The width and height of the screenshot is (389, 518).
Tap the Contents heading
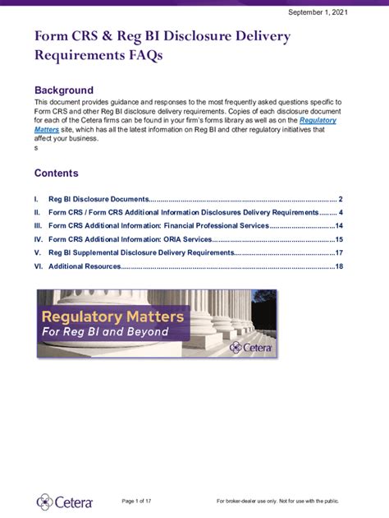click(x=56, y=173)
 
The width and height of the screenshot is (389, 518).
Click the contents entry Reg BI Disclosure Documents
click(x=98, y=199)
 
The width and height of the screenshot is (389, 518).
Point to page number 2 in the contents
click(x=340, y=199)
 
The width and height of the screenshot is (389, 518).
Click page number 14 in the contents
click(x=338, y=225)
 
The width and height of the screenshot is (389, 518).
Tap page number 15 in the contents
click(x=338, y=239)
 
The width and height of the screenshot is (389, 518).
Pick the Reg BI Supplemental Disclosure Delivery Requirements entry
click(x=141, y=252)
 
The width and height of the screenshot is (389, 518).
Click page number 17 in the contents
click(x=338, y=252)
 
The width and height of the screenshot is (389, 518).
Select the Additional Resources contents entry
click(x=85, y=266)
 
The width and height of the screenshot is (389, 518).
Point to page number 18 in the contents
click(x=338, y=266)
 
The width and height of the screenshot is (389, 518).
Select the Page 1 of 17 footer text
click(x=143, y=502)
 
